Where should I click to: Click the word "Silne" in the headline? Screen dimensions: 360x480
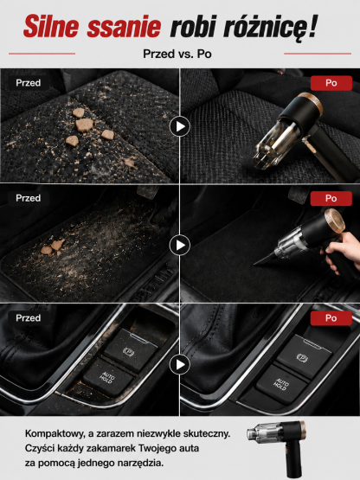coord(51,27)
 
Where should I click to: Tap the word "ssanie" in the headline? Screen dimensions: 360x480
coord(124,27)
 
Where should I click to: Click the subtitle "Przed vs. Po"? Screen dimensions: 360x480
coord(177,54)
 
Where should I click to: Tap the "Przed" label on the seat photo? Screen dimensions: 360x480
coord(29,83)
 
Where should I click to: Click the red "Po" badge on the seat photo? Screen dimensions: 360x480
coord(331,83)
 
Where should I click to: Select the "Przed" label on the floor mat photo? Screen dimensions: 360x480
coord(29,198)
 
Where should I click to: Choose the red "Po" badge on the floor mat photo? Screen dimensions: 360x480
coord(331,198)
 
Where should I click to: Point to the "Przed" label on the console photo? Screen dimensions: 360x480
coord(29,317)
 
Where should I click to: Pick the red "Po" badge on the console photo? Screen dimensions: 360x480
coord(331,318)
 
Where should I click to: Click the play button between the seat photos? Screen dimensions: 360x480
coord(180,126)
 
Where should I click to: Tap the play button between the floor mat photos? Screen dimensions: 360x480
coord(180,246)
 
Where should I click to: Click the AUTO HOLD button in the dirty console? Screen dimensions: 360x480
coord(107,377)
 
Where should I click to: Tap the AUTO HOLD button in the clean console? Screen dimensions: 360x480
coord(281,384)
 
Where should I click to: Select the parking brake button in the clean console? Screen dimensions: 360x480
coord(304,356)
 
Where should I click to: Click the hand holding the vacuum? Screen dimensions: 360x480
coord(342,252)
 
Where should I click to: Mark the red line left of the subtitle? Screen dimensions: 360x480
coord(42,54)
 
